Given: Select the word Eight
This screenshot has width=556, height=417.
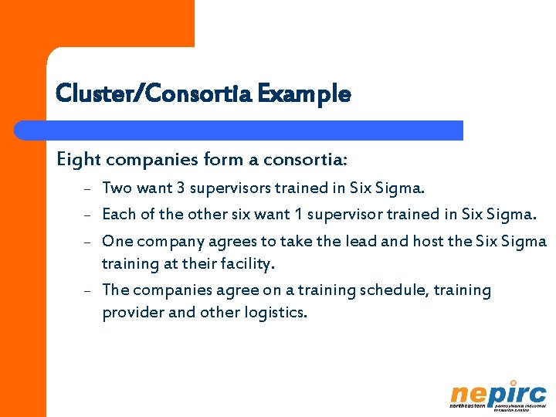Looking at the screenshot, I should [x=79, y=160].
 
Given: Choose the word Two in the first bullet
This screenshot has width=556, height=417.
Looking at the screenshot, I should [x=117, y=188].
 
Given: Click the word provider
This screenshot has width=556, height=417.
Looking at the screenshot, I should [x=131, y=313].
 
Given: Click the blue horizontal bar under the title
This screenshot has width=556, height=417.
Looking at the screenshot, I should [x=255, y=131].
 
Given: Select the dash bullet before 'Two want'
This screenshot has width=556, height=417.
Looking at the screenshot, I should [x=89, y=188].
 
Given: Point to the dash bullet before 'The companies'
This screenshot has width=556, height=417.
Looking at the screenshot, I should [x=89, y=291].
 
